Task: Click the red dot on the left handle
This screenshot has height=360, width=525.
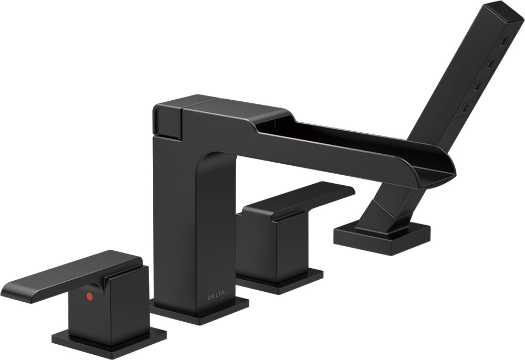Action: (89, 296)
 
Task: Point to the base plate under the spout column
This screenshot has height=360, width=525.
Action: (199, 311)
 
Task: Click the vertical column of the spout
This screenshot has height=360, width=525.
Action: (194, 228)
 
